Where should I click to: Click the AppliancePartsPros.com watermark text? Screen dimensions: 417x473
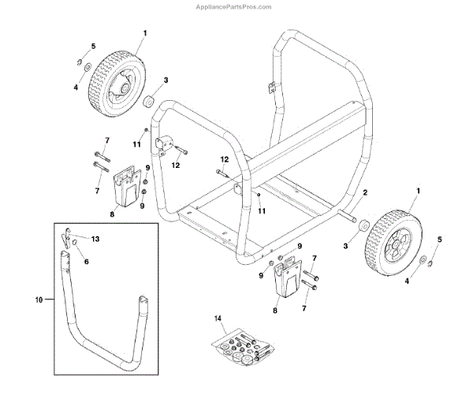click(236, 6)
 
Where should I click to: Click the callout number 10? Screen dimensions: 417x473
click(39, 300)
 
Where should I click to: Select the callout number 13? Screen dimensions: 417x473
click(96, 238)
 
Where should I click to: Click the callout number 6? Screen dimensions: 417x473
click(87, 261)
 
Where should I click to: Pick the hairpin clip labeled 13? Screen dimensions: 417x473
click(69, 235)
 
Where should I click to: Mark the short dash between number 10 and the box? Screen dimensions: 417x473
click(50, 300)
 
